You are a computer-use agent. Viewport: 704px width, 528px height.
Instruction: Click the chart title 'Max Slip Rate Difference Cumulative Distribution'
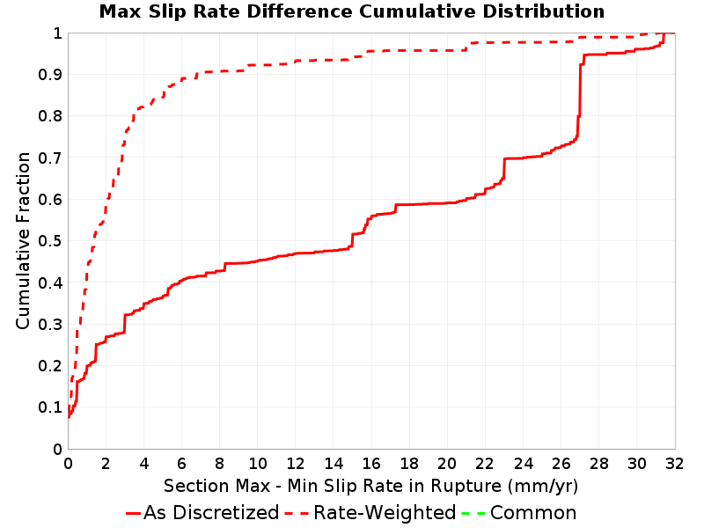(x=351, y=11)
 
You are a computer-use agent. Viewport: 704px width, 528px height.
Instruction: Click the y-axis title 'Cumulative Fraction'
(x=23, y=240)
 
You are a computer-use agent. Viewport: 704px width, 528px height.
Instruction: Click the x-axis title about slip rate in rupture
(x=370, y=486)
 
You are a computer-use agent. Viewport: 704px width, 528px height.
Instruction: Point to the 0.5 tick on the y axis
(x=50, y=241)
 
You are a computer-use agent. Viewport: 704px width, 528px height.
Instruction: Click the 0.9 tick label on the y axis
(x=50, y=74)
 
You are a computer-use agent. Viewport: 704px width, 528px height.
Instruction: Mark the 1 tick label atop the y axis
(x=57, y=33)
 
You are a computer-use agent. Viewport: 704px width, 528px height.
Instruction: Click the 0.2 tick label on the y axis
(x=50, y=366)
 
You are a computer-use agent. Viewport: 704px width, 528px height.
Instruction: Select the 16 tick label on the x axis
(x=371, y=464)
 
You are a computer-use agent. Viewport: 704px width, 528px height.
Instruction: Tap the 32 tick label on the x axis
(x=674, y=464)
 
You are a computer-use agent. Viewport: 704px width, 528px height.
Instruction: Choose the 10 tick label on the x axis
(x=258, y=464)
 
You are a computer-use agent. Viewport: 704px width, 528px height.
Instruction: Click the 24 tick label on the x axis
(x=523, y=464)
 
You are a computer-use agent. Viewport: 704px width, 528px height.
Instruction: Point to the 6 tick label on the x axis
(x=182, y=464)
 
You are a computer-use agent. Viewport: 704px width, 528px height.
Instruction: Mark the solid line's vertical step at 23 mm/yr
(x=504, y=168)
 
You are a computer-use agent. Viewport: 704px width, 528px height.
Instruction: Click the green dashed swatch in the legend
(x=473, y=513)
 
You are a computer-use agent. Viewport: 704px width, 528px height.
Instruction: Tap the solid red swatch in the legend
(x=134, y=513)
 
